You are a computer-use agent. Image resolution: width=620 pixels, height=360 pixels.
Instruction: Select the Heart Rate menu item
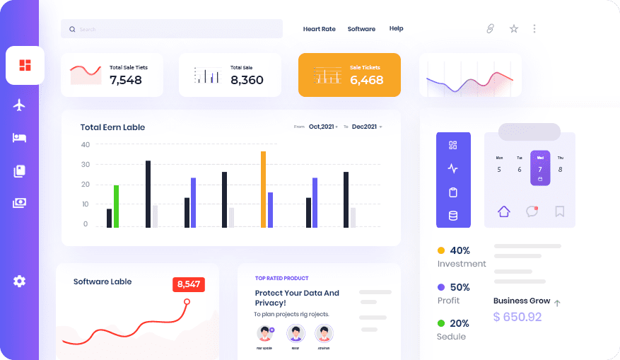(319, 29)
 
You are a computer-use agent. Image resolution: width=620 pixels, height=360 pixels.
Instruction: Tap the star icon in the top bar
(514, 29)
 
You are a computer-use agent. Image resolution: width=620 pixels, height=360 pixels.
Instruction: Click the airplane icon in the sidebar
(20, 105)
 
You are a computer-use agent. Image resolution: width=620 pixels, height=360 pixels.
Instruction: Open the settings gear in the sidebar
(19, 281)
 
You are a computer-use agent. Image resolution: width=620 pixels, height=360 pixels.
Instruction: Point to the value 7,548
(126, 80)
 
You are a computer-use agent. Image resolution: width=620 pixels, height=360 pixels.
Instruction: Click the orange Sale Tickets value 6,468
(366, 80)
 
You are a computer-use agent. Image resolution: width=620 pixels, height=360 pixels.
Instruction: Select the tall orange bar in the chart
(263, 189)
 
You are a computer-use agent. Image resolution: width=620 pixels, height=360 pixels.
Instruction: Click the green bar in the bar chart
(116, 206)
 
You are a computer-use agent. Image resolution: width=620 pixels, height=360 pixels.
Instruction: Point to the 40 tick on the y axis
(86, 144)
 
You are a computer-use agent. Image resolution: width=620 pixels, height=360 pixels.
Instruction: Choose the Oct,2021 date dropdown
(323, 127)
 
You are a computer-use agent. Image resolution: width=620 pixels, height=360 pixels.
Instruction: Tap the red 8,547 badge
(189, 284)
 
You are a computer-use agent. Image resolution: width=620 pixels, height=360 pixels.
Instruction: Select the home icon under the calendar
(503, 211)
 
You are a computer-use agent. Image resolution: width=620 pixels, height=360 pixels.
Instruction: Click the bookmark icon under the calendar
(560, 211)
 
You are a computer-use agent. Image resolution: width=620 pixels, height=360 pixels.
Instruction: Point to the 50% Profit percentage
(460, 287)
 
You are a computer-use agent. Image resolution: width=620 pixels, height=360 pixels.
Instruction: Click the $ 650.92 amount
(517, 317)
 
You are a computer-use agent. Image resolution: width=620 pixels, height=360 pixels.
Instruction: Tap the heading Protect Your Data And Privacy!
(297, 298)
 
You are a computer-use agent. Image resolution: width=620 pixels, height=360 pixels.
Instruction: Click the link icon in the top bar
(490, 29)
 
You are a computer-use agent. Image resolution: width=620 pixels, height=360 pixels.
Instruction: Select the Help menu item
(396, 29)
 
